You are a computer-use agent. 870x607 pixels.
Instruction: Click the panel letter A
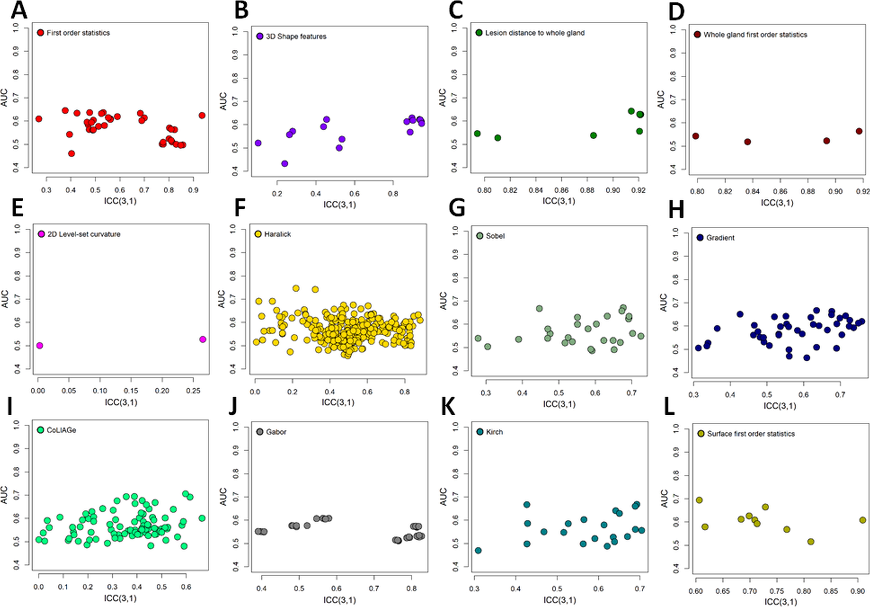coord(19,11)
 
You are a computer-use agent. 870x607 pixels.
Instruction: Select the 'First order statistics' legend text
coord(78,33)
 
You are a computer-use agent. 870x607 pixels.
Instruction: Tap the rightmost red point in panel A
coord(202,115)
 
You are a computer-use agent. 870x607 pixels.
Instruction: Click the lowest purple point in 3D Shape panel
coord(285,164)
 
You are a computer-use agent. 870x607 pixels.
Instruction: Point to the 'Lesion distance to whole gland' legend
coord(535,33)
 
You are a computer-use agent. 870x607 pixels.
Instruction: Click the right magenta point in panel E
coord(203,339)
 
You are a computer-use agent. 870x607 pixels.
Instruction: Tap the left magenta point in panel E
coord(39,346)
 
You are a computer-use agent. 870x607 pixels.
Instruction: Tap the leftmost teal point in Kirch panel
coord(478,550)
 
